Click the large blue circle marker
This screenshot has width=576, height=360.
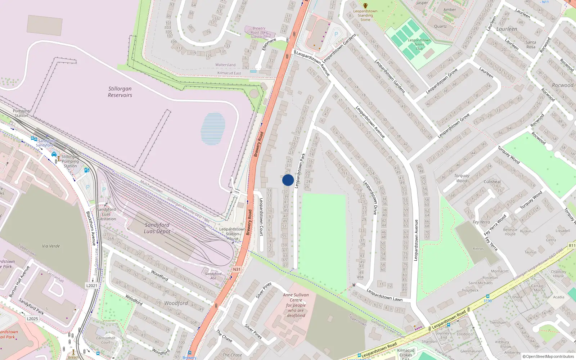tap(288, 180)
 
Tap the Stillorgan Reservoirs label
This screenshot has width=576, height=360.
tap(120, 92)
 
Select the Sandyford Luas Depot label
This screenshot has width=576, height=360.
tap(157, 228)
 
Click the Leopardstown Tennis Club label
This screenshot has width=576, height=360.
tap(419, 44)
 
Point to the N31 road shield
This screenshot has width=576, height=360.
tap(237, 269)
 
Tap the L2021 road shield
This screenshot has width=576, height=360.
tap(91, 285)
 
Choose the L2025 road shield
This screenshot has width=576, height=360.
tap(32, 319)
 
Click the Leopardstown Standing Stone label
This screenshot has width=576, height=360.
tap(365, 15)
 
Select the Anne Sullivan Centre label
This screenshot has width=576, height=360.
tap(296, 305)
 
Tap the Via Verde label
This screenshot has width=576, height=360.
tap(51, 246)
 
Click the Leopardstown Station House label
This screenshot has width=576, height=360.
tap(233, 234)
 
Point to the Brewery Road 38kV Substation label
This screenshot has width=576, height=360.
tap(259, 32)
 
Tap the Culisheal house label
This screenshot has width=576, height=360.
tap(492, 182)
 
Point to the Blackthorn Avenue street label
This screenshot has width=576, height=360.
tap(91, 228)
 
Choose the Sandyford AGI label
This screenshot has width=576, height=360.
tap(213, 276)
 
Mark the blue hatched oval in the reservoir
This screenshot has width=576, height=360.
tap(213, 129)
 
